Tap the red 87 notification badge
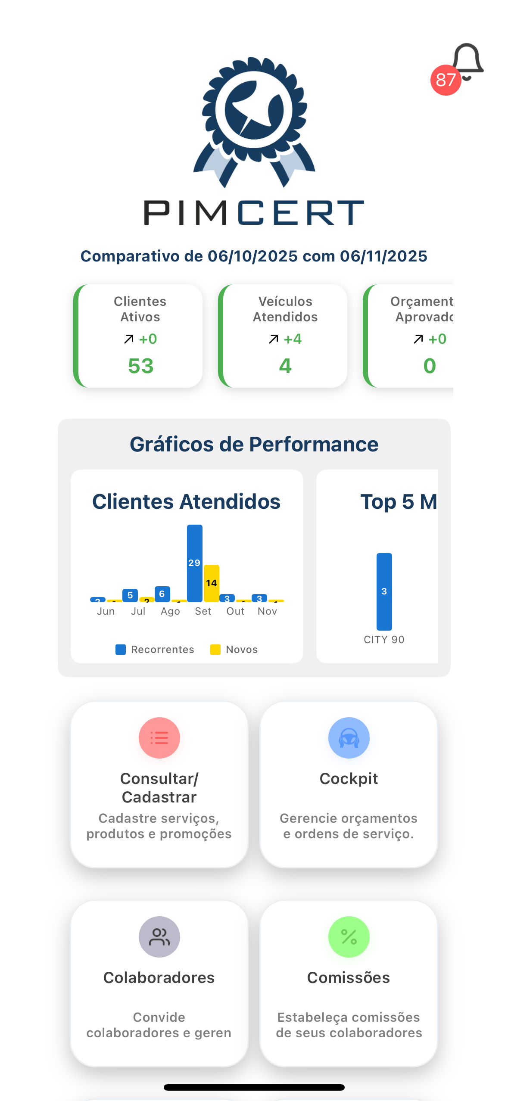point(446,80)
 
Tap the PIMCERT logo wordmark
point(254,212)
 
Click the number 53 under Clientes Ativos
point(140,366)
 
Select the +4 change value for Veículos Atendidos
point(293,339)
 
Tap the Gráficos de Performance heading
point(254,444)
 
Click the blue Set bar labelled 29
point(194,563)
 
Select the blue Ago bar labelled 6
point(162,594)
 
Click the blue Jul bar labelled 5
point(130,595)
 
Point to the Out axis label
point(235,611)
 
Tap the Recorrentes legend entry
point(155,650)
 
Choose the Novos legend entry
point(234,650)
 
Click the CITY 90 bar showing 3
point(384,591)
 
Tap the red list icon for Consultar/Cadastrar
point(159,738)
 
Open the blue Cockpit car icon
point(349,738)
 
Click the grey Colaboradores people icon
point(159,937)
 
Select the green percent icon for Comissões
point(349,937)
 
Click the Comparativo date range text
point(254,256)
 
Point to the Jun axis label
point(106,611)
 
